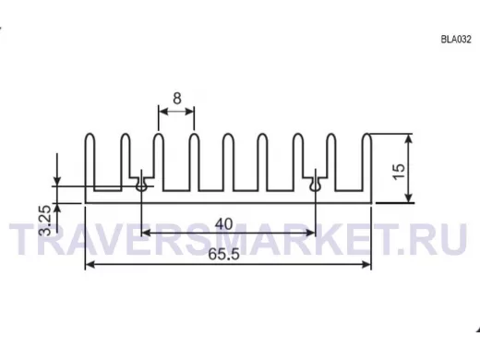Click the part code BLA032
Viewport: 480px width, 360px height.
coord(456,40)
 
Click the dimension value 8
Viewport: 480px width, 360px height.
coord(177,99)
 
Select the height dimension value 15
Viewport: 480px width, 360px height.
coord(400,172)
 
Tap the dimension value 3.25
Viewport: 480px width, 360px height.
coord(45,221)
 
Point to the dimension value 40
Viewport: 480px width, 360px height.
coord(223,224)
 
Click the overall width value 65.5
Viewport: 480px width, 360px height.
coord(223,254)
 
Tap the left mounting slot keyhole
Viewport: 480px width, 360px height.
coord(141,186)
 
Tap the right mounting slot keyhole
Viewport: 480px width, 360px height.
coord(316,186)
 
